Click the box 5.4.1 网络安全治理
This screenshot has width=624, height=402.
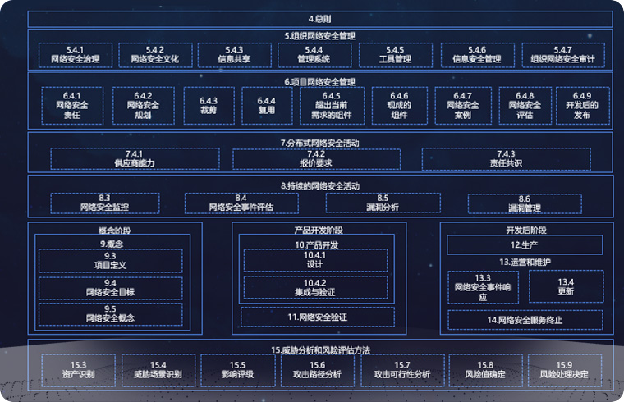click(75, 55)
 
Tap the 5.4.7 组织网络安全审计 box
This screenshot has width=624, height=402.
click(562, 55)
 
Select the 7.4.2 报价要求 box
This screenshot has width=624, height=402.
click(316, 158)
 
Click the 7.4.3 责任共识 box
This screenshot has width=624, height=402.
click(506, 158)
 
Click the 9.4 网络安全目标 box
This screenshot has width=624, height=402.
click(110, 287)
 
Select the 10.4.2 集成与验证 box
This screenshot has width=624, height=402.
click(315, 287)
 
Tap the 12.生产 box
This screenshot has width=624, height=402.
click(524, 244)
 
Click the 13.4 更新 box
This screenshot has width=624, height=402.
click(566, 286)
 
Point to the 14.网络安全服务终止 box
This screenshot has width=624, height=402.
click(525, 319)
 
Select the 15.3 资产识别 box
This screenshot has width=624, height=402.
click(79, 370)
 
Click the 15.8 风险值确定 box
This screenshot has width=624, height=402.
click(485, 370)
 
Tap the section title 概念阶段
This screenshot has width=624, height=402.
click(114, 230)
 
